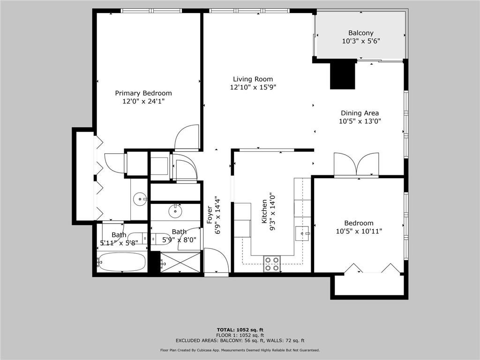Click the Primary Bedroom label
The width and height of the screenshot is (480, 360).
143,93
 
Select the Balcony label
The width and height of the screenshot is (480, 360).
360,33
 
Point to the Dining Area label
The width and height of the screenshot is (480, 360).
360,113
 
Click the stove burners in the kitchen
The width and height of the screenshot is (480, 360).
272,264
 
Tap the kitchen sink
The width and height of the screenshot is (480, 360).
303,232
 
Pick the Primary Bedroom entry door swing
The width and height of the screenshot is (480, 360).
187,137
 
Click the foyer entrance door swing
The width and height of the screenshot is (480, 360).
216,261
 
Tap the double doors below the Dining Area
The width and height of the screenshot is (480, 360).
356,165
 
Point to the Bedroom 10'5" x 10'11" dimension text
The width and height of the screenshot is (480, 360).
359,231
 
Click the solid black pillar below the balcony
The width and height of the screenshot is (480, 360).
342,75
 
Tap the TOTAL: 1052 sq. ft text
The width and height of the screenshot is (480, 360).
240,330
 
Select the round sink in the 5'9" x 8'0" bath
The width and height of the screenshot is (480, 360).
175,210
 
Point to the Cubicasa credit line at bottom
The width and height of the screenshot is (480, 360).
240,350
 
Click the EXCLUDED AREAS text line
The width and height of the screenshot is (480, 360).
240,341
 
